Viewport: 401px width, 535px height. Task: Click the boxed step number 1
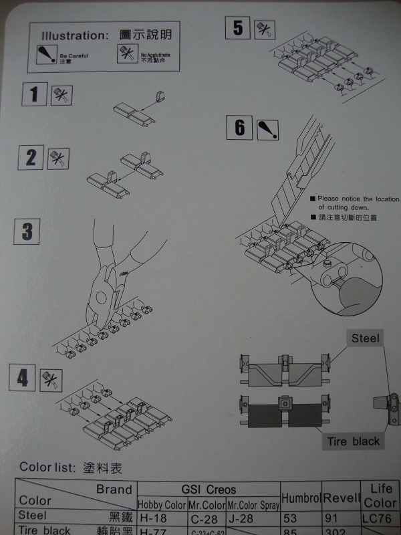tap(33, 93)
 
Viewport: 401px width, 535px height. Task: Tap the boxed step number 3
tap(27, 232)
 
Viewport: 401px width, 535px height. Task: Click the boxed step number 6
tap(240, 126)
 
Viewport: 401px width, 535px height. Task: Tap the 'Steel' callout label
tap(365, 338)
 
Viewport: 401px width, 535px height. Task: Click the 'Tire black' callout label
tap(353, 441)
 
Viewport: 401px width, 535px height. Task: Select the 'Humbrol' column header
tap(301, 499)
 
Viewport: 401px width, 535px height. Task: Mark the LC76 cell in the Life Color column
tap(380, 517)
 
